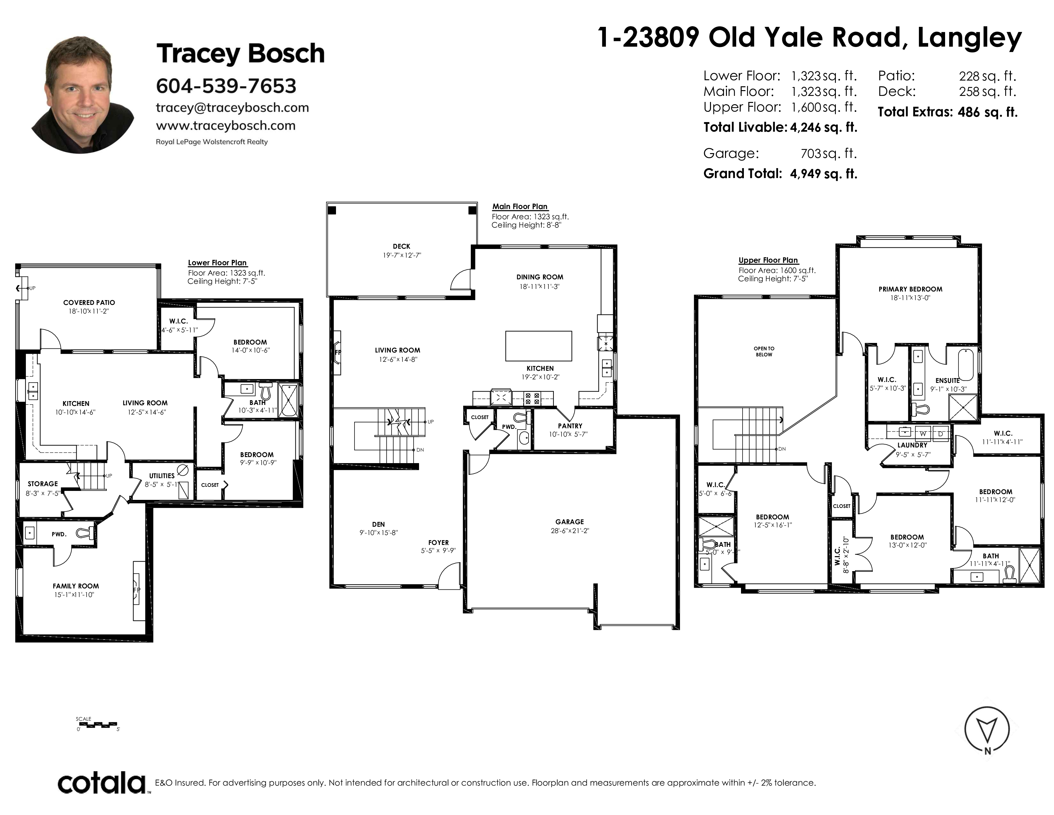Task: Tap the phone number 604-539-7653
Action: [x=226, y=86]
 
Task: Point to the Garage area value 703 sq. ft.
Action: [x=829, y=153]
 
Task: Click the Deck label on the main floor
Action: [x=401, y=246]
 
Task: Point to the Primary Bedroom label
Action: [x=910, y=289]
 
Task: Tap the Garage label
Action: [x=569, y=522]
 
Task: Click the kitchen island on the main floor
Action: [x=538, y=346]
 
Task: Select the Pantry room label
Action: [x=570, y=426]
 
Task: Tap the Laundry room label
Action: [x=912, y=445]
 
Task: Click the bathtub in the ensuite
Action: [x=966, y=365]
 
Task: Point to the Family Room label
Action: [x=76, y=586]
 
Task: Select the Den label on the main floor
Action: [x=378, y=524]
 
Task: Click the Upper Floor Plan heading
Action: [x=768, y=260]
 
